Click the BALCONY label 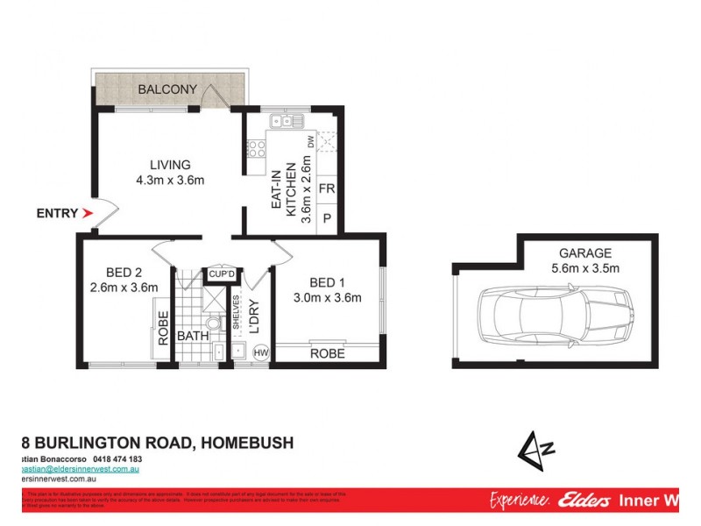(x=166, y=89)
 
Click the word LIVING (x=169, y=165)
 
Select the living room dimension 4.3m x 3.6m (x=169, y=181)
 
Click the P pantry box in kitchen (x=326, y=218)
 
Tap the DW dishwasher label (x=310, y=141)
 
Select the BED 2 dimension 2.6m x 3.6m (x=124, y=287)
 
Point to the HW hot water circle (x=260, y=352)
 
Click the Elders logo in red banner (x=578, y=501)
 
